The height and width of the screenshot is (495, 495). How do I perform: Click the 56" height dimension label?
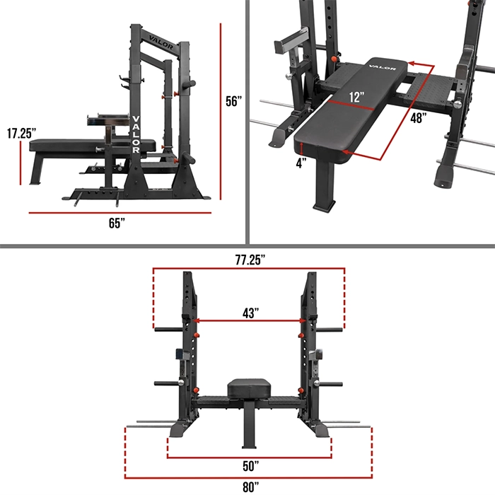[234, 101]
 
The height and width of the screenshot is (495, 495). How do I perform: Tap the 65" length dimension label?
[117, 223]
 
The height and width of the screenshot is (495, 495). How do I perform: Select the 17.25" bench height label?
[21, 133]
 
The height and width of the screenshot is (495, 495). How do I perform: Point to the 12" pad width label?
[356, 97]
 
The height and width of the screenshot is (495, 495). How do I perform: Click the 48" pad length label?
[419, 118]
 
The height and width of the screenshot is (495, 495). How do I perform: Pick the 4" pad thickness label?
[301, 163]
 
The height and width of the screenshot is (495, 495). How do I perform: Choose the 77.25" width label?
[250, 260]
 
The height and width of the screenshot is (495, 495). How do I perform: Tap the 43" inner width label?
[250, 313]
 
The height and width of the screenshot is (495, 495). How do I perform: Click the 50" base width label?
[250, 466]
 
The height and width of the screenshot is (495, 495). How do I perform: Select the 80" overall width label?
[250, 487]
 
